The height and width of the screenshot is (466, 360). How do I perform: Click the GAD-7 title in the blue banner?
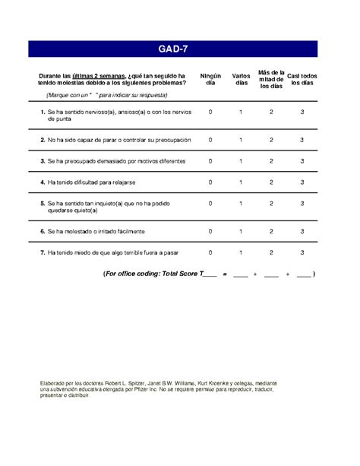click(180, 49)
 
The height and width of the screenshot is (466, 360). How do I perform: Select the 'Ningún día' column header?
click(210, 79)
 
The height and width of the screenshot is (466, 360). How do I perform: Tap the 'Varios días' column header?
click(241, 79)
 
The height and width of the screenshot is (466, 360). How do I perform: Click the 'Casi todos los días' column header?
click(302, 79)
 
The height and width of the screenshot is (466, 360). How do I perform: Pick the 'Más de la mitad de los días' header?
click(271, 79)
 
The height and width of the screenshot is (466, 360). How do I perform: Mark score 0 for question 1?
click(210, 112)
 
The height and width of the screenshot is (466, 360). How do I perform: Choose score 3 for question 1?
click(302, 112)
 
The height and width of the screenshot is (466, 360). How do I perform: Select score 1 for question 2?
click(241, 140)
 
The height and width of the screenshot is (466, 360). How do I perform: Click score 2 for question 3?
click(271, 161)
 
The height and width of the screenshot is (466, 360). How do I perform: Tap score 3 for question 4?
click(302, 182)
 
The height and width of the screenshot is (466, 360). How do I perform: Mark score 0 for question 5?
click(210, 203)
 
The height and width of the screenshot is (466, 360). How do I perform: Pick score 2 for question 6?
click(271, 231)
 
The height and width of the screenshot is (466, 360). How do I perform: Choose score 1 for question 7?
click(241, 252)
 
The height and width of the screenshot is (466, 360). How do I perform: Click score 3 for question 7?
click(302, 252)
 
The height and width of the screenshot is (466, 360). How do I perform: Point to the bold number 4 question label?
click(42, 182)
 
